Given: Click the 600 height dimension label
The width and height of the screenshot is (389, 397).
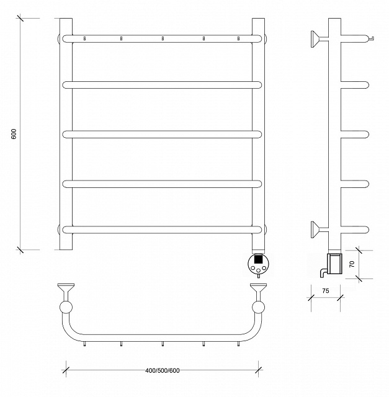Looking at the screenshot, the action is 14,134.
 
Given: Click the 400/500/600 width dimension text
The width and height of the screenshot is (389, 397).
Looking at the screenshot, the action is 163,371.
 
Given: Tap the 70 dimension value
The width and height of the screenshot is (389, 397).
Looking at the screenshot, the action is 352,264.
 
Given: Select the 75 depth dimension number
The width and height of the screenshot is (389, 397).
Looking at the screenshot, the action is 326,291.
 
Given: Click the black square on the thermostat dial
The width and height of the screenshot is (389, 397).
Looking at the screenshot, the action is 258,259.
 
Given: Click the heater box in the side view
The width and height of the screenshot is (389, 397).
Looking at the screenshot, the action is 334,264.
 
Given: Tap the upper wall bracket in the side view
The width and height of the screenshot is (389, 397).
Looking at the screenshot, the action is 320,38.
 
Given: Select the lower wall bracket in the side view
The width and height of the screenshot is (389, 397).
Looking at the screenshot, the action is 320,230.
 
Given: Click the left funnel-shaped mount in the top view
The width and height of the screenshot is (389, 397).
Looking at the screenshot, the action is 66,291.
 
